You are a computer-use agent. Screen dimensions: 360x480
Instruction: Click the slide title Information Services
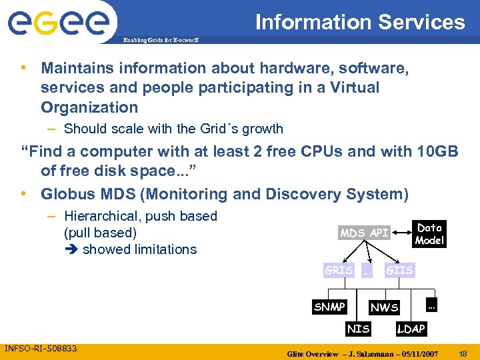pos(360,22)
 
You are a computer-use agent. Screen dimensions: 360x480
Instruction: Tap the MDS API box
pos(364,233)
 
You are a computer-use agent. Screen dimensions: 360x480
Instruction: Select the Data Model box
pos(429,234)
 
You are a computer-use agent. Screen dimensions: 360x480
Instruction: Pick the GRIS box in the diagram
pos(339,270)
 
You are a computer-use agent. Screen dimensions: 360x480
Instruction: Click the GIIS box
pos(399,270)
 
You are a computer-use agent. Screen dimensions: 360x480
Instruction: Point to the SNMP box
pos(329,307)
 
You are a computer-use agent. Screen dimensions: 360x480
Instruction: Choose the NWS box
pos(385,307)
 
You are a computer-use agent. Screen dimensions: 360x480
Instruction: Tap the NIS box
pos(358,328)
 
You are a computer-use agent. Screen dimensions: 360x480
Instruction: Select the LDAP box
pos(411,329)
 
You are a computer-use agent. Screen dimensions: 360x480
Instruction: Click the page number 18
pos(464,352)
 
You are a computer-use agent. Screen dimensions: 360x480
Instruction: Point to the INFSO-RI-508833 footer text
pos(41,348)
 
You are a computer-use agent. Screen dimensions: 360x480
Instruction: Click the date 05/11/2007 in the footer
pos(417,353)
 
